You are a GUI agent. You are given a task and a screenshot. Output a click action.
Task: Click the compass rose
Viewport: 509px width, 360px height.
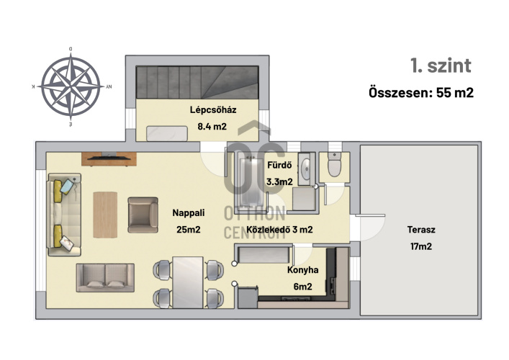(71, 86)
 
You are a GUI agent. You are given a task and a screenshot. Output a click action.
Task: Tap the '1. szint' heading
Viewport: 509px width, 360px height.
(441, 66)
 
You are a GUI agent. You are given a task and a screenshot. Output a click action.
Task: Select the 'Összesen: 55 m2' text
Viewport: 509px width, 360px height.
(421, 93)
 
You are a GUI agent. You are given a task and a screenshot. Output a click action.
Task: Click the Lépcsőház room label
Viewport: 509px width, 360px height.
(213, 109)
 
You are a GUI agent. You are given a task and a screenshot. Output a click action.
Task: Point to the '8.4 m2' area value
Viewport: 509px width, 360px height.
(212, 126)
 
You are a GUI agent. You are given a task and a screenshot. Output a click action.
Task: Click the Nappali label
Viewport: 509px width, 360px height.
(189, 213)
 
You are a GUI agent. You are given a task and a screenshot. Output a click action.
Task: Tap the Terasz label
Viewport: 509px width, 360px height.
(421, 230)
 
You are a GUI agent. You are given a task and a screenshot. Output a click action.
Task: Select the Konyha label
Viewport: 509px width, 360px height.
(302, 270)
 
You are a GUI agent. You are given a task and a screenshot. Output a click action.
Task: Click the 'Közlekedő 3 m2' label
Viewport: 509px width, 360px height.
(279, 230)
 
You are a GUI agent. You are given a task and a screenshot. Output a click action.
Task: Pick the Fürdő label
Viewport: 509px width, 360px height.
(279, 165)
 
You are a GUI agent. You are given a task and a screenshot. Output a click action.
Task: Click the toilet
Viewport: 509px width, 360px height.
(334, 165)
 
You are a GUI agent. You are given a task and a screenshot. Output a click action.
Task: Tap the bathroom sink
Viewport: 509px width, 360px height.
(306, 168)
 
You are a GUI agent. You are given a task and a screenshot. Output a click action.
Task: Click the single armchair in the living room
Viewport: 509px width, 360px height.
(143, 215)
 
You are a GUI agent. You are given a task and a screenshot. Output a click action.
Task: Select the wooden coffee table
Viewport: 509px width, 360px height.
(105, 215)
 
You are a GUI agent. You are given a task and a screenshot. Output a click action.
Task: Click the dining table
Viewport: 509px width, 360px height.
(188, 282)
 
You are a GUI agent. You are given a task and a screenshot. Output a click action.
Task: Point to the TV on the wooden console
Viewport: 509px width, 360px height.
(109, 158)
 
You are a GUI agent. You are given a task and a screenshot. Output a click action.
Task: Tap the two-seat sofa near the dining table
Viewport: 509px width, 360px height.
(105, 277)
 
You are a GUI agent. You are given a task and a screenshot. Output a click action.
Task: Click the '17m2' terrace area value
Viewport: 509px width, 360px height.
(421, 246)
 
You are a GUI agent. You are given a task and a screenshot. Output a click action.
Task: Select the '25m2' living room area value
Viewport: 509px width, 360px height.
(189, 230)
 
